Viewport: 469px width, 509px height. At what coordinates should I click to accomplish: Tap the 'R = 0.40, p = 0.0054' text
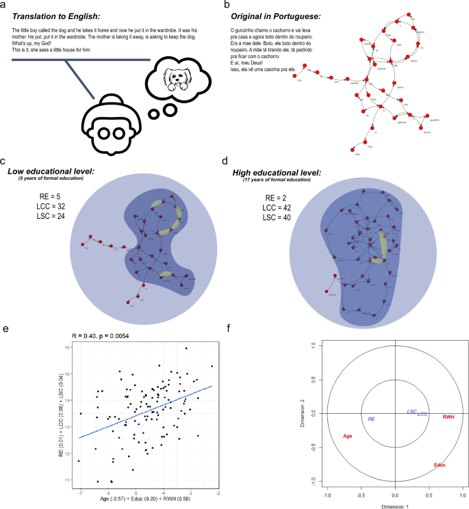111,336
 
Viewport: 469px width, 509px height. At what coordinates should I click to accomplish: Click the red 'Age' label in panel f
347,436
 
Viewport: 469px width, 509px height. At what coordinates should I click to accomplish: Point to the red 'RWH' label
448,417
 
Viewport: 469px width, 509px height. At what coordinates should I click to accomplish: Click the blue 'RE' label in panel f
371,418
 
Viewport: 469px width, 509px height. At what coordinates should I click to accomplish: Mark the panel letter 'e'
6,329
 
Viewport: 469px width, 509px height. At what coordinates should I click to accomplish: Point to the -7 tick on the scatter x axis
81,493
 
